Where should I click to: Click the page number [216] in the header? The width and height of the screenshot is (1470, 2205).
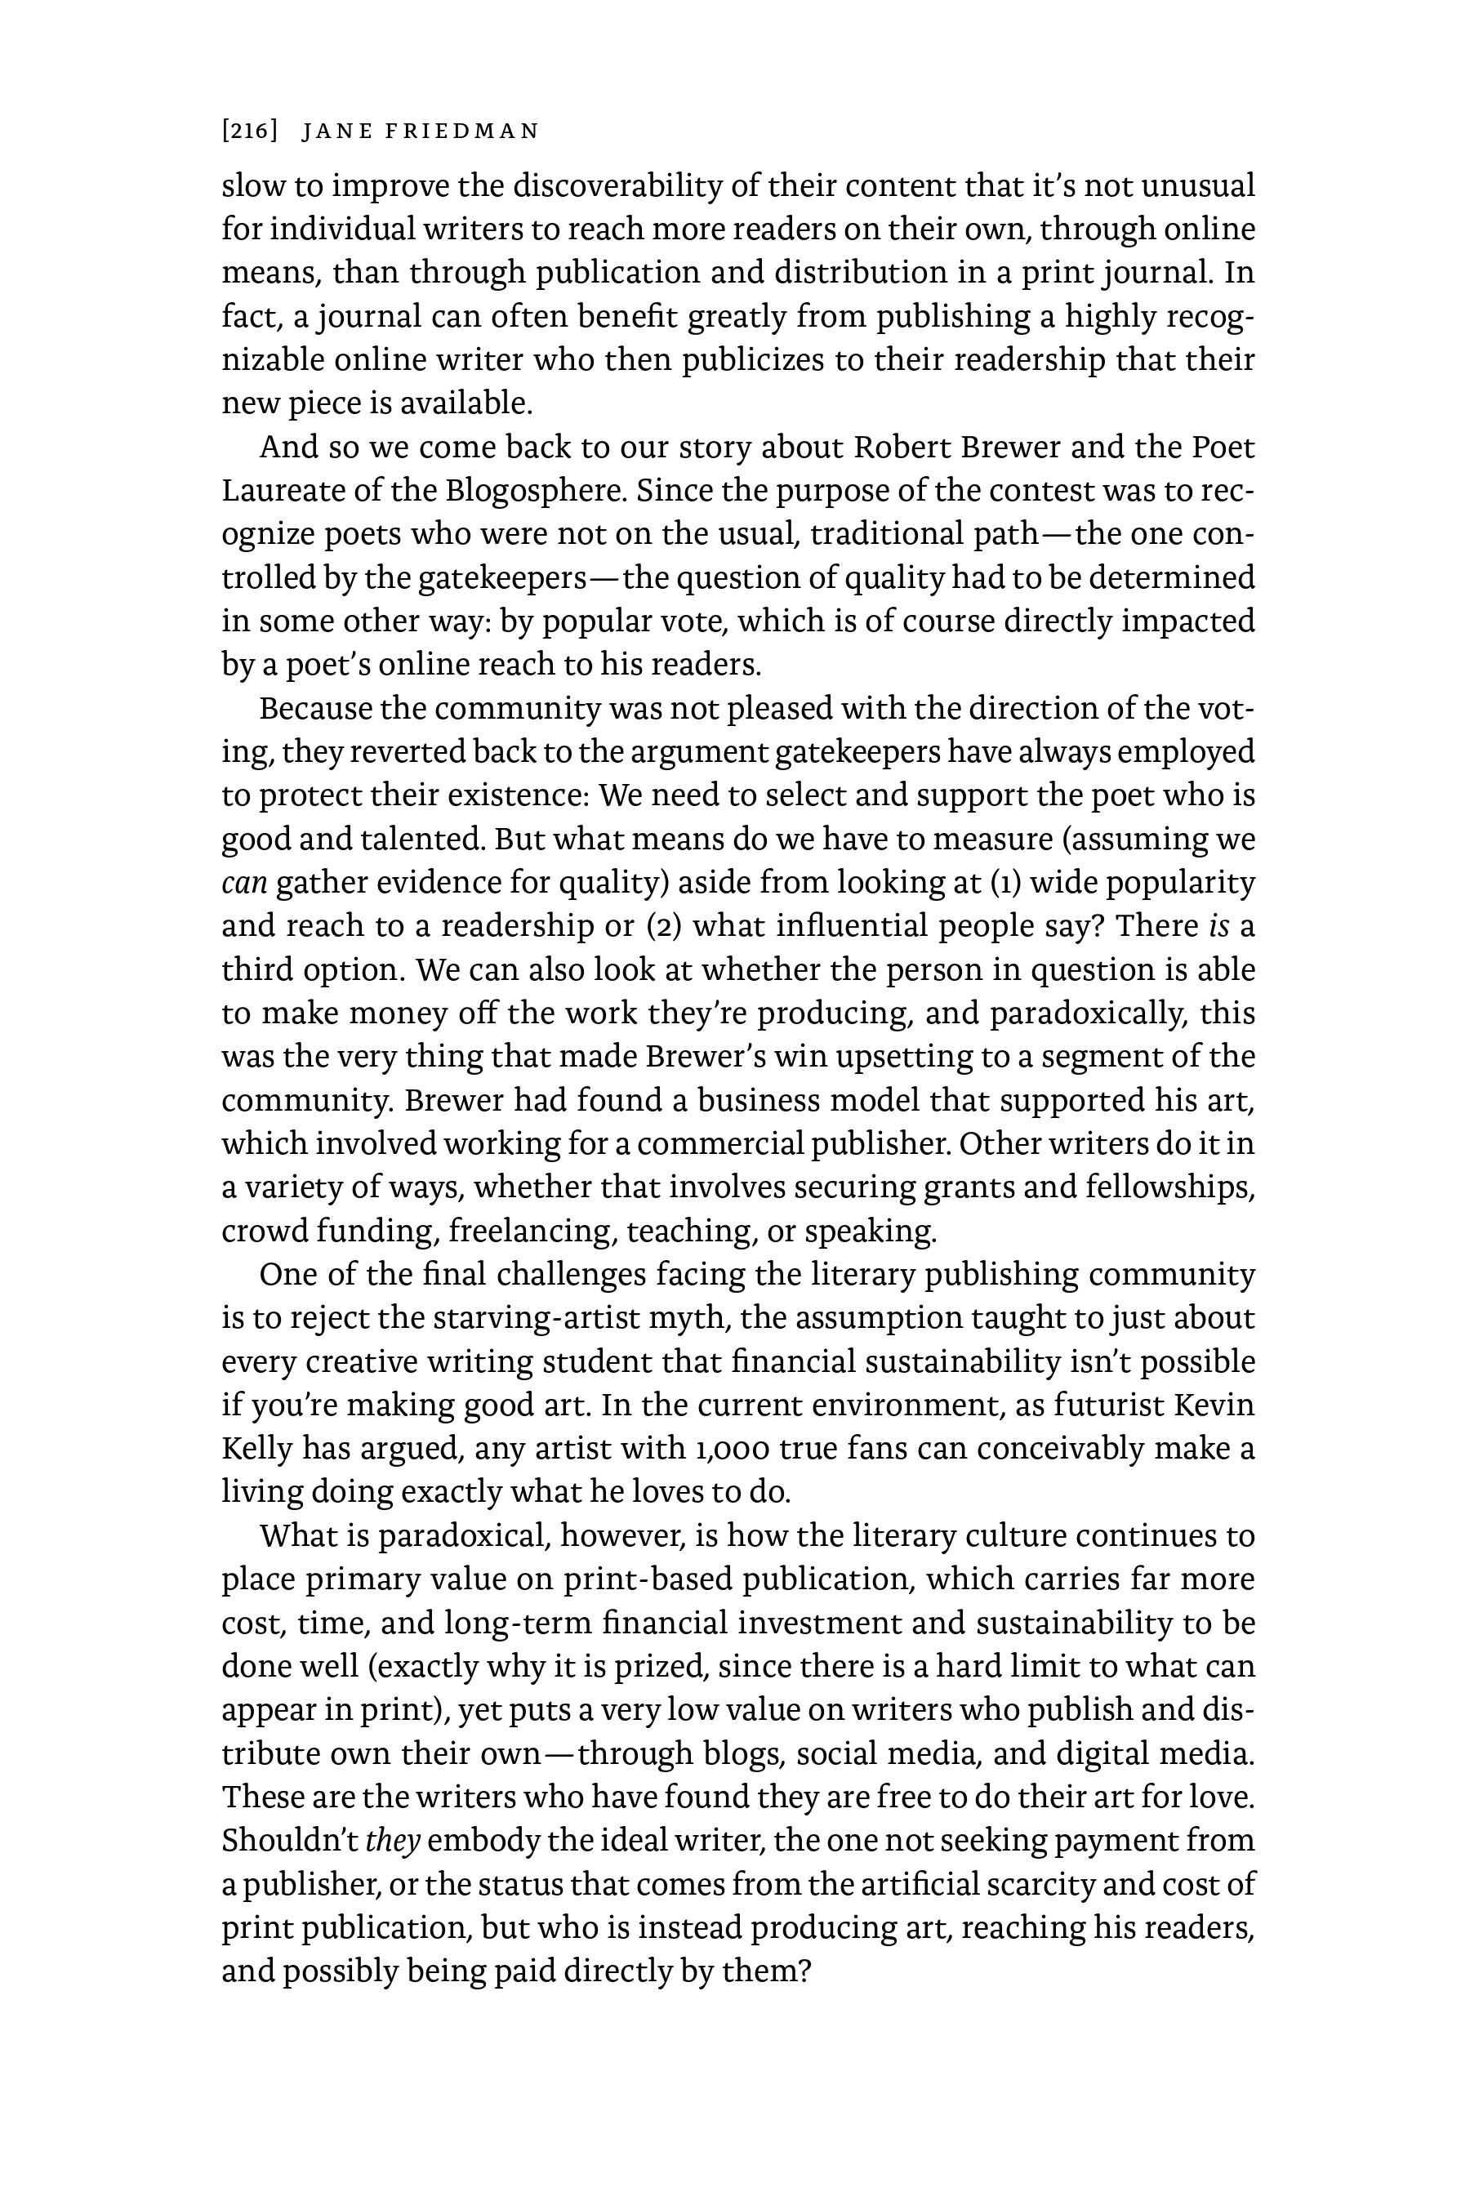coord(249,131)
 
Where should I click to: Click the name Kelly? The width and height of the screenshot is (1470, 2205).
coord(257,1450)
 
